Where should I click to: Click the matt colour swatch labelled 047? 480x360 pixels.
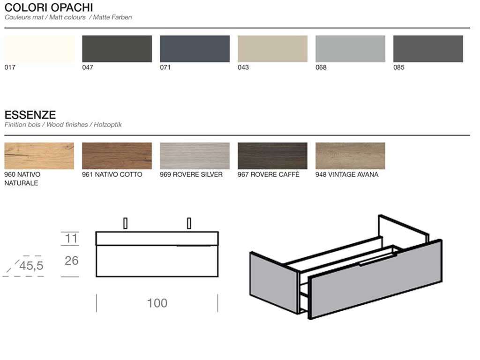pos(117,49)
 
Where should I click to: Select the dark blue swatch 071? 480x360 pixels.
pos(195,49)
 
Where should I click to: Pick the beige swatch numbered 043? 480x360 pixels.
pos(272,49)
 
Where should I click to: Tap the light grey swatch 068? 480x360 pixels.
pos(350,49)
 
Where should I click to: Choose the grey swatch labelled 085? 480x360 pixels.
pos(428,49)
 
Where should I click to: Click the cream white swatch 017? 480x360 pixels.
pos(39,49)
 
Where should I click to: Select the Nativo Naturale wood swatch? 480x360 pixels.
pos(39,156)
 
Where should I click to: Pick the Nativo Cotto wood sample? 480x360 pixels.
pos(117,156)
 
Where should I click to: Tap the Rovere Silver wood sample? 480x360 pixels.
pos(195,156)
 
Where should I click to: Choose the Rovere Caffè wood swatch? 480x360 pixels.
pos(272,156)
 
